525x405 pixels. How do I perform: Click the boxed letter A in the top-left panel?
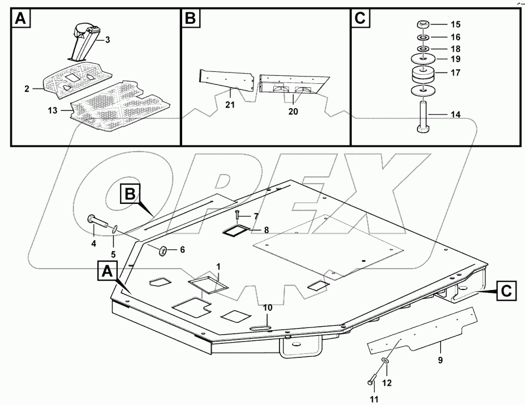(20, 19)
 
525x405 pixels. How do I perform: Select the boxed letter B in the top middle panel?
(190, 19)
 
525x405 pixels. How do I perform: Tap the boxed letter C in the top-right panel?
(360, 19)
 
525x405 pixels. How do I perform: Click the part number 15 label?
(456, 25)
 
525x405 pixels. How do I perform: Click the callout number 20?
(292, 112)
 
